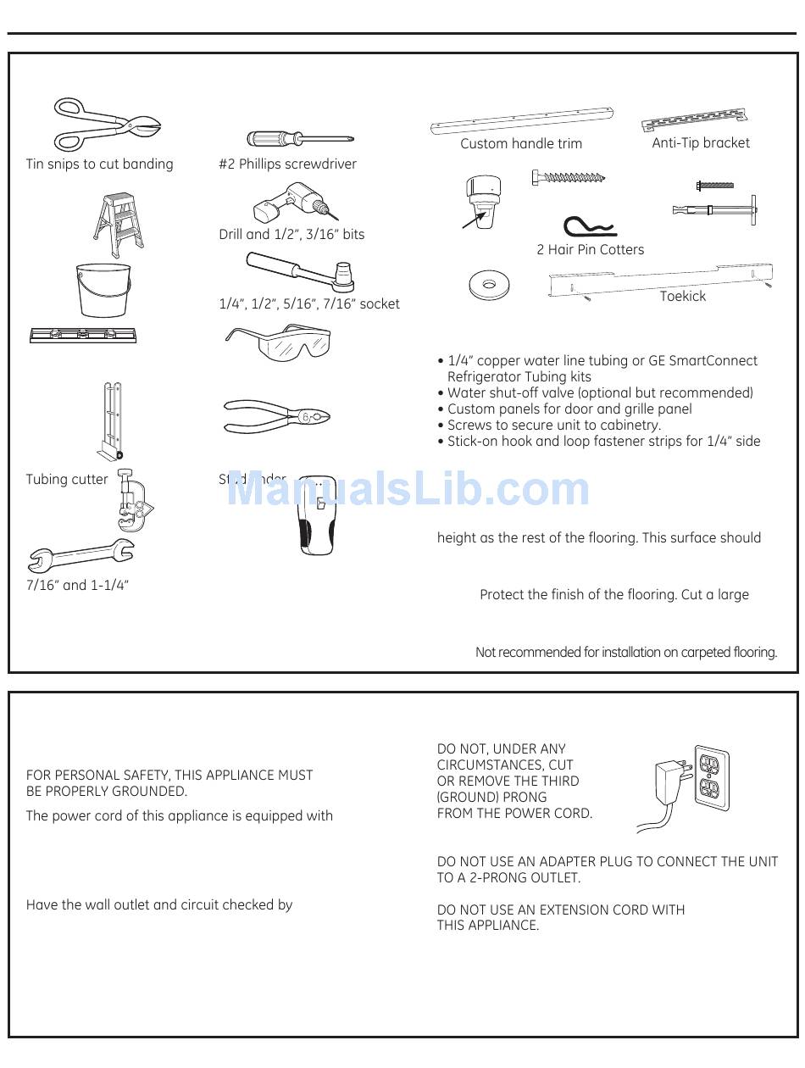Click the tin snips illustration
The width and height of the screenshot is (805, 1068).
click(x=106, y=125)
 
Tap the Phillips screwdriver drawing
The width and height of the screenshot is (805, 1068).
click(x=299, y=138)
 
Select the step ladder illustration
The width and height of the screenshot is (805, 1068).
click(x=118, y=223)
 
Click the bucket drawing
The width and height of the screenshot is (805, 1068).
click(x=103, y=290)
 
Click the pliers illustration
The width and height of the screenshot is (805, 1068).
click(x=276, y=415)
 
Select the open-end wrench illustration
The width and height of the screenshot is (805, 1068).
click(x=80, y=555)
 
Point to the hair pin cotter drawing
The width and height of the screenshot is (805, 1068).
click(x=590, y=227)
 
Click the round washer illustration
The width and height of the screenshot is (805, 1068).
click(x=489, y=285)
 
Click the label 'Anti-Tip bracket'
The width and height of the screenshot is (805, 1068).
click(x=701, y=143)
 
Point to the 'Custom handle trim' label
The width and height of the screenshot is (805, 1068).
click(x=521, y=144)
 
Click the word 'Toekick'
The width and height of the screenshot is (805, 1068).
click(x=683, y=297)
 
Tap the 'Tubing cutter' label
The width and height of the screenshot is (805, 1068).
click(x=67, y=480)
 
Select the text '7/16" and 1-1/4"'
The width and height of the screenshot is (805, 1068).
click(x=77, y=586)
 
